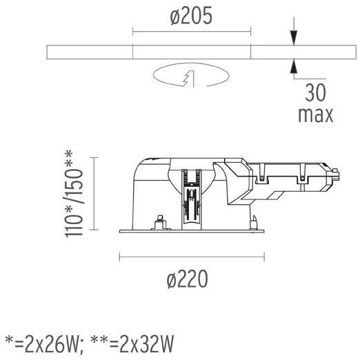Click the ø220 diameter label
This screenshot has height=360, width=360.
pyautogui.click(x=187, y=279)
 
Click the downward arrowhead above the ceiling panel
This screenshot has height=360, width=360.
pyautogui.click(x=294, y=41)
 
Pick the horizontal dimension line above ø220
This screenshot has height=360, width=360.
pyautogui.click(x=192, y=257)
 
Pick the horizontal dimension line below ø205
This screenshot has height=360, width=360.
pyautogui.click(x=191, y=32)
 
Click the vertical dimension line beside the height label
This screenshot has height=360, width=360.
pyautogui.click(x=94, y=197)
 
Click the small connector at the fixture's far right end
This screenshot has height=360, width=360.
pyautogui.click(x=334, y=174)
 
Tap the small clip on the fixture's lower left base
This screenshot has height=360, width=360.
pyautogui.click(x=160, y=221)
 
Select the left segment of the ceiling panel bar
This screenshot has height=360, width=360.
pyautogui.click(x=89, y=53)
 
